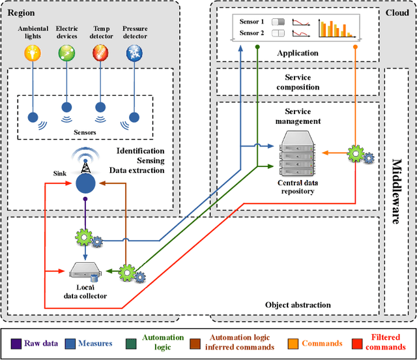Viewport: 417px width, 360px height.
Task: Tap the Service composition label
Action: (x=298, y=87)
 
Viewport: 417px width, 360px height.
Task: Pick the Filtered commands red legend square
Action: (x=356, y=342)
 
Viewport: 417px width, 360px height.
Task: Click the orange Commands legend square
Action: (x=293, y=342)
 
